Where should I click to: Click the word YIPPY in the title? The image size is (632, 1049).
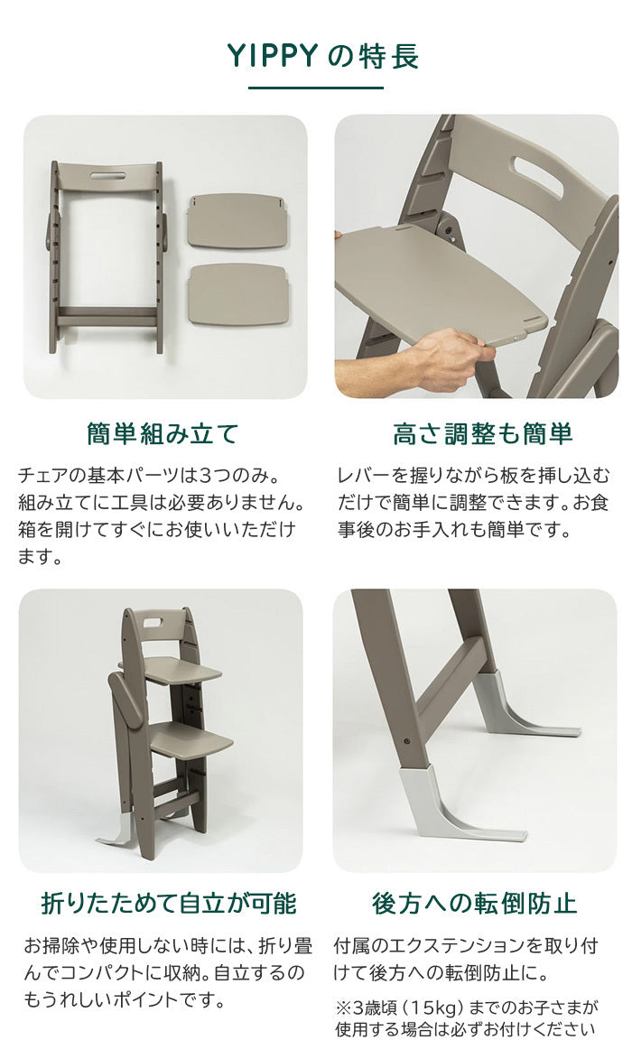coord(272,56)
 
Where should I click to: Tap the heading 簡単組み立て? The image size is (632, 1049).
coord(163,434)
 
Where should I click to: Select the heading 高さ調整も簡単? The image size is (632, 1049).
coord(482,434)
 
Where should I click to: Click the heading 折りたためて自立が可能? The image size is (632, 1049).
coord(169,903)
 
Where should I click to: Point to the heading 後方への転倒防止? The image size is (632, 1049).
coord(474,903)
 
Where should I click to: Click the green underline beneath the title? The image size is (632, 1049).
coord(316,88)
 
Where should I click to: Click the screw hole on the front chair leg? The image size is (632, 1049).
coord(407,741)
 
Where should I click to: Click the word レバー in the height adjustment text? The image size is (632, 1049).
coord(363,476)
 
